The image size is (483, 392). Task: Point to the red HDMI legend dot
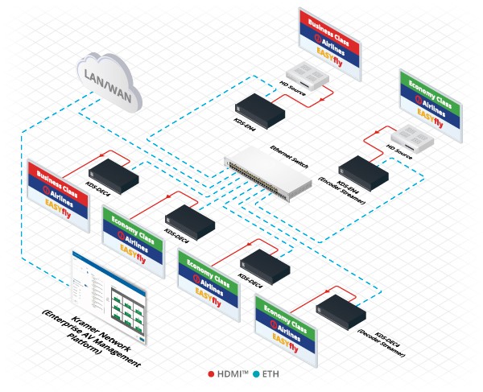tap(211, 373)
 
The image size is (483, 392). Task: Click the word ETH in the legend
tap(267, 373)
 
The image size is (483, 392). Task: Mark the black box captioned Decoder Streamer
tap(341, 309)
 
